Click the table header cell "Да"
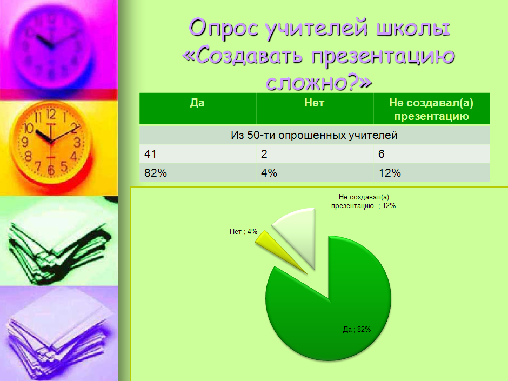click(x=197, y=108)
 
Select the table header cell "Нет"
click(x=315, y=108)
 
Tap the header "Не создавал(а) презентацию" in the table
click(x=431, y=108)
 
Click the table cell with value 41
click(x=197, y=153)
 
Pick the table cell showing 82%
click(x=197, y=172)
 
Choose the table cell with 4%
click(x=315, y=172)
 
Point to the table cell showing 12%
click(x=431, y=172)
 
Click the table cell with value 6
click(x=431, y=153)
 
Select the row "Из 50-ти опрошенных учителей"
click(x=315, y=135)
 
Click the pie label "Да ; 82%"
click(x=357, y=330)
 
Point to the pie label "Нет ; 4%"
click(x=243, y=231)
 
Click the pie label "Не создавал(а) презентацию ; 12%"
click(x=364, y=201)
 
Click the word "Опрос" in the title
click(x=224, y=27)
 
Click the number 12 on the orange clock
click(x=51, y=113)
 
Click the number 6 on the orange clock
click(x=51, y=170)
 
